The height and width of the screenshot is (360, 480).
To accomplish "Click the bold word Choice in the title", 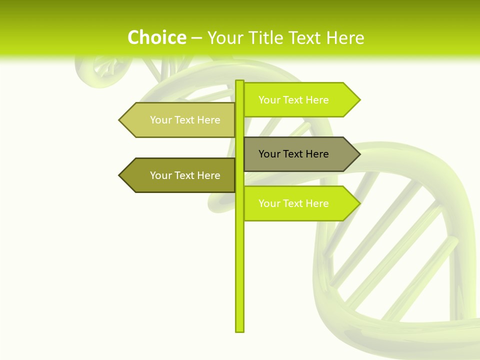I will pyautogui.click(x=156, y=37).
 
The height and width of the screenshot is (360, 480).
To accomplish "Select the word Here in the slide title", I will pyautogui.click(x=345, y=38).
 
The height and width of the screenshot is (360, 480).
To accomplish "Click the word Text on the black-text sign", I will pyautogui.click(x=294, y=154).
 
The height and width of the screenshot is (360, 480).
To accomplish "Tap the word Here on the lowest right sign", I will pyautogui.click(x=317, y=203).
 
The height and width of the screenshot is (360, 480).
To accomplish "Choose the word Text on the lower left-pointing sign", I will pyautogui.click(x=185, y=175).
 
